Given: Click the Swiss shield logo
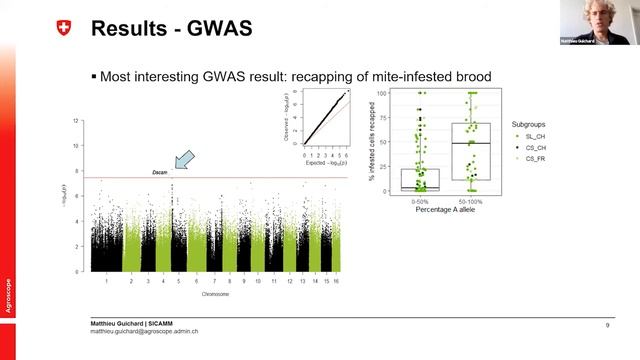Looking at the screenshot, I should click(x=66, y=30).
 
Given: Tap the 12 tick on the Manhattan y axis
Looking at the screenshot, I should click(x=76, y=121).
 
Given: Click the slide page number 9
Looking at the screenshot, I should click(x=607, y=326).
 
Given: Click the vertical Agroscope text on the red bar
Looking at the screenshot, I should click(x=8, y=296).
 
